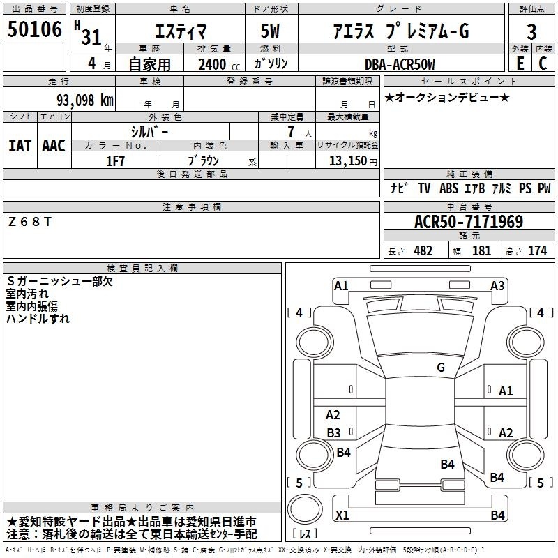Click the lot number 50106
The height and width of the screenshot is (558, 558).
click(x=34, y=29)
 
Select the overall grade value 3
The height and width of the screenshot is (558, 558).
click(x=531, y=32)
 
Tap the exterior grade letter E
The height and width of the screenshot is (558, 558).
click(x=520, y=63)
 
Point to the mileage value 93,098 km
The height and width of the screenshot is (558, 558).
click(x=85, y=100)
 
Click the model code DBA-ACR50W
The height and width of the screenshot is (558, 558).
click(x=400, y=64)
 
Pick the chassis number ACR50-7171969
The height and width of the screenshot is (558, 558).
click(x=469, y=222)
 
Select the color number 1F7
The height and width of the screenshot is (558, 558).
click(x=115, y=161)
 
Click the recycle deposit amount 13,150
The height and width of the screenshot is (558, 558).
click(x=348, y=161)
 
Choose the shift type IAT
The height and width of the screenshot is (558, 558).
click(x=20, y=146)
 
